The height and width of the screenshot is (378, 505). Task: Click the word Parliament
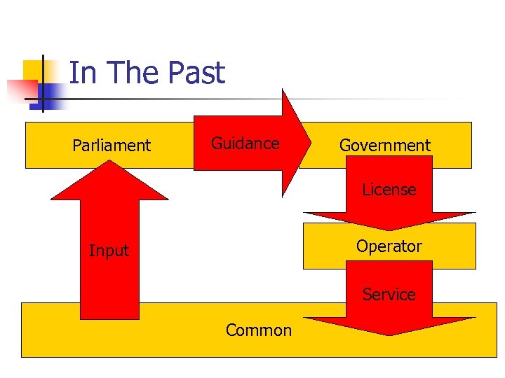tap(112, 146)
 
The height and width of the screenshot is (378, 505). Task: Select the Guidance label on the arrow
tap(245, 143)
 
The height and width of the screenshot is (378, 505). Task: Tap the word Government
tap(384, 146)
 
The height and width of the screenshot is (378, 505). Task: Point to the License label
tap(389, 190)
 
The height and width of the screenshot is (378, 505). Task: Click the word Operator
tap(389, 246)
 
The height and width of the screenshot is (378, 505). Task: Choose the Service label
tap(389, 295)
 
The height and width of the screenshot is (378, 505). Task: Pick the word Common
tap(258, 330)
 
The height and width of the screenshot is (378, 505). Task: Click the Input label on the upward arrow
tap(109, 251)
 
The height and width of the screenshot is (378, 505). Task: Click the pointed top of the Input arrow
tap(110, 162)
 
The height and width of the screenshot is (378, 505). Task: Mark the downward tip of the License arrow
tap(389, 229)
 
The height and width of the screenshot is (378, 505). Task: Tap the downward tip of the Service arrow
tap(389, 334)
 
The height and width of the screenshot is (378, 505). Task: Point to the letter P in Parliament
tap(76, 146)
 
